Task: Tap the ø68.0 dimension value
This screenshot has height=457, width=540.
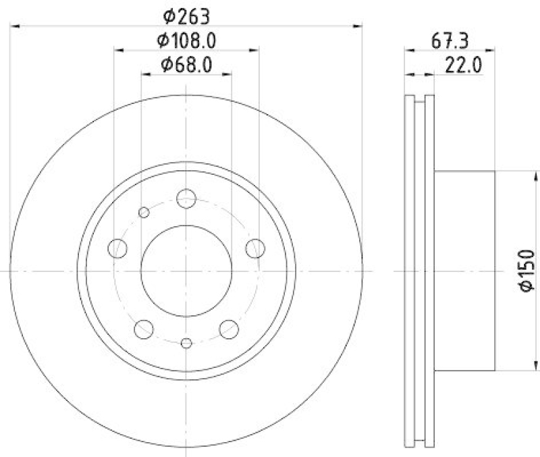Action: coord(186,65)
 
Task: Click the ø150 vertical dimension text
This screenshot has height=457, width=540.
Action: coord(526,270)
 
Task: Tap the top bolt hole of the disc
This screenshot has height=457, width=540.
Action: coord(186,198)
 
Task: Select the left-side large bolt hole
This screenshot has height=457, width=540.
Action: coord(118,248)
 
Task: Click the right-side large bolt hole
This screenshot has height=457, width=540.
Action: coord(254,248)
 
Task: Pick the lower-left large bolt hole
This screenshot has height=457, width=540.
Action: coord(144,329)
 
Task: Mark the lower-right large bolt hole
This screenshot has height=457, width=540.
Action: coord(229,329)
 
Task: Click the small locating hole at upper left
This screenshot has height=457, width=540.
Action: coord(144,213)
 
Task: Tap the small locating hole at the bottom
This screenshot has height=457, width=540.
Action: coord(187,342)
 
